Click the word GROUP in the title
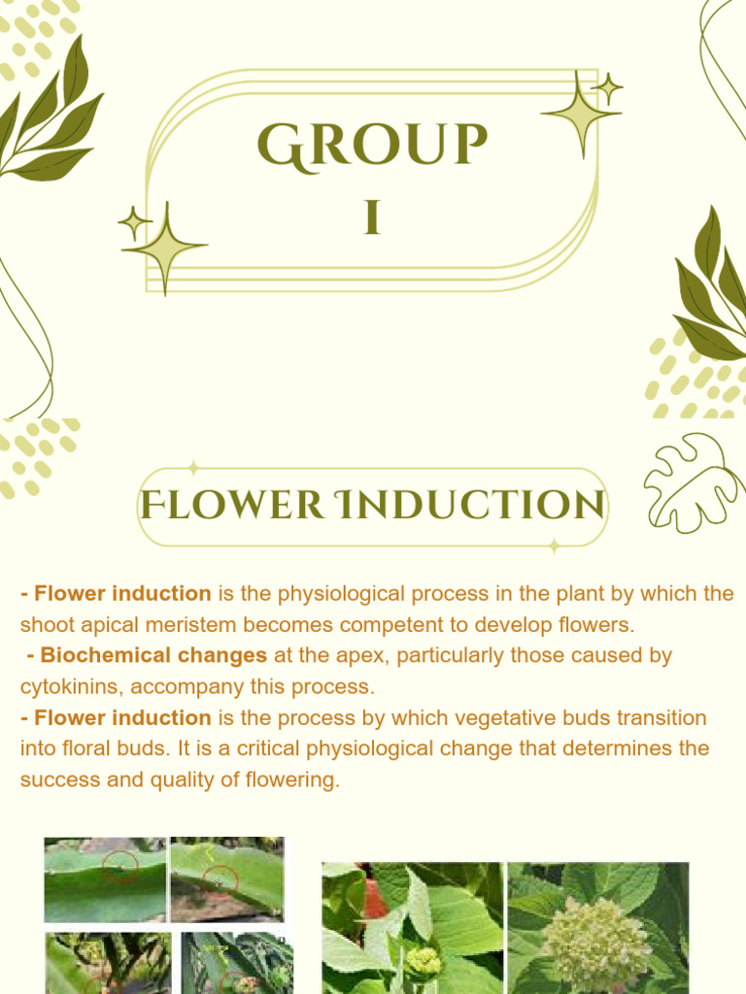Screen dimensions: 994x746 372,146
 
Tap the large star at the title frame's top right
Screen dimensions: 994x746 580,115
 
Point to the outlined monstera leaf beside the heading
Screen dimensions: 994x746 693,482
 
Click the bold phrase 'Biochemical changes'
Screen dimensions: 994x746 153,655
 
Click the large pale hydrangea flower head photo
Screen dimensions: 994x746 595,943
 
